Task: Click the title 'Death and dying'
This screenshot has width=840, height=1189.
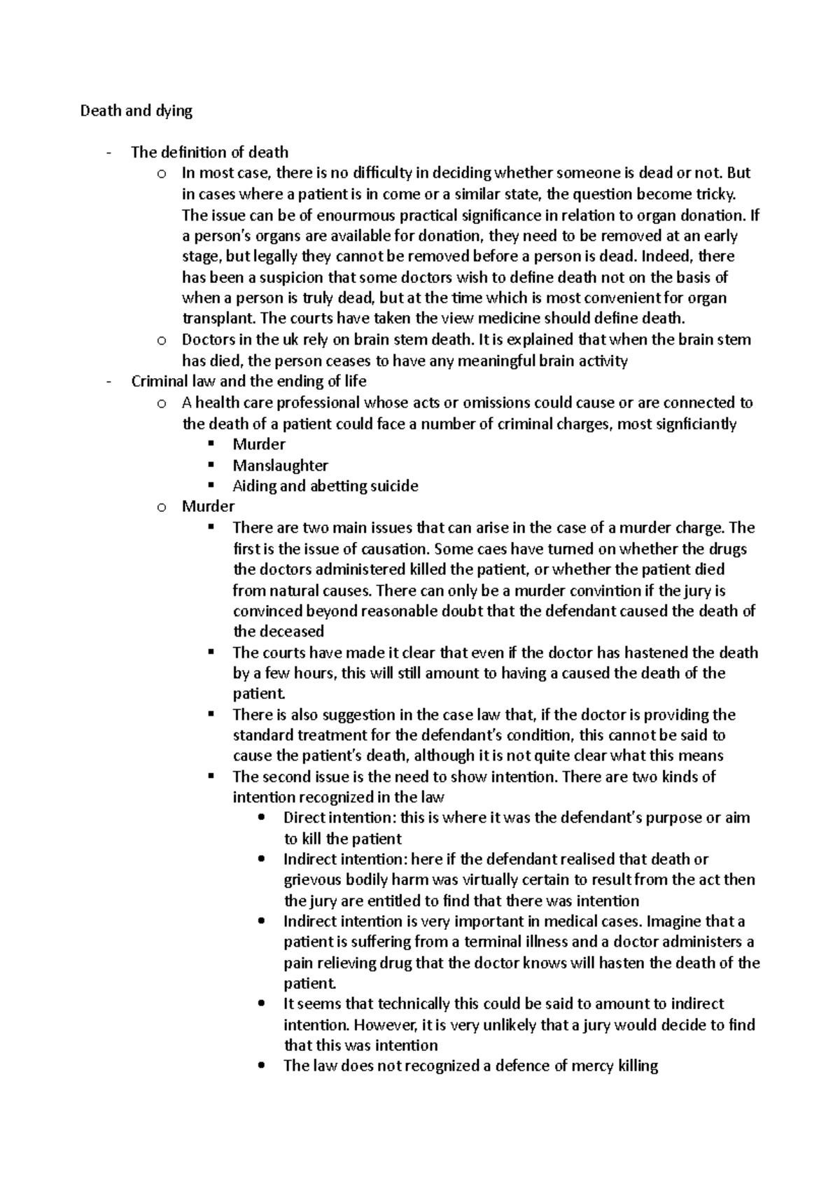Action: click(x=136, y=111)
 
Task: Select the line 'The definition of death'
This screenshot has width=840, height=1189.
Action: click(x=209, y=152)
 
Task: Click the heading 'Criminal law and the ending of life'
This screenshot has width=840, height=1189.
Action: click(x=248, y=381)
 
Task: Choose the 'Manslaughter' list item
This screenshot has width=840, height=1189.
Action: click(x=280, y=465)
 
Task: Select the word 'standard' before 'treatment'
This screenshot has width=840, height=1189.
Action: click(x=263, y=735)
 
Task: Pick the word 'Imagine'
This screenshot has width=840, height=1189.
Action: click(x=673, y=922)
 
